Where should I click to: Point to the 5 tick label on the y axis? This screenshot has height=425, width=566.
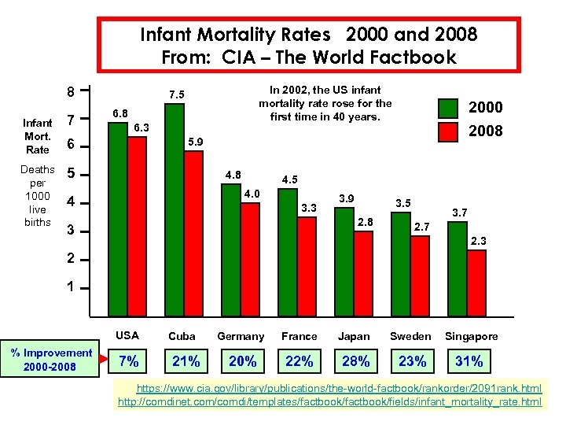pyautogui.click(x=71, y=174)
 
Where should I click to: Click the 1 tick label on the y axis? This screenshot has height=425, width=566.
pyautogui.click(x=71, y=287)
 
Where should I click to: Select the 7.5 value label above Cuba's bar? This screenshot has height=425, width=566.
pyautogui.click(x=177, y=95)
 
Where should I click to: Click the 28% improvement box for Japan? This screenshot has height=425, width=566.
pyautogui.click(x=355, y=361)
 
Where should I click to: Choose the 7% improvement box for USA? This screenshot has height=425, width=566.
pyautogui.click(x=128, y=361)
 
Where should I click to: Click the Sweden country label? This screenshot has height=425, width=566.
pyautogui.click(x=411, y=336)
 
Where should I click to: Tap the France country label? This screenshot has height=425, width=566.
pyautogui.click(x=299, y=336)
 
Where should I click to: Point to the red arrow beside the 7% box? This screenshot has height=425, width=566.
pyautogui.click(x=104, y=361)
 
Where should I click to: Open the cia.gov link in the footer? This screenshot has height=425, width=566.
pyautogui.click(x=339, y=389)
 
